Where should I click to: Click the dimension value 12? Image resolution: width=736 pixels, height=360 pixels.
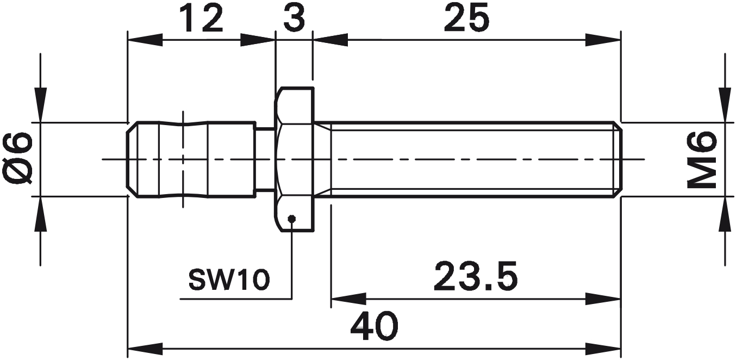(202, 18)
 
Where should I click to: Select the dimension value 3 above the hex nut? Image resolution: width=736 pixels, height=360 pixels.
(295, 18)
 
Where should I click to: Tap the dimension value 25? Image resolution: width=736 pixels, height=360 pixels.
(466, 18)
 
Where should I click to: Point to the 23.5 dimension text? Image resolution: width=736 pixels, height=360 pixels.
(476, 276)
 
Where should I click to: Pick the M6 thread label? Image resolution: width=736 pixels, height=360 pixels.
(702, 159)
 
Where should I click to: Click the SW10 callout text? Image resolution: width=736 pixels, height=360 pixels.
(229, 280)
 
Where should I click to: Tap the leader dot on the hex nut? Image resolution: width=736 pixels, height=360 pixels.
(291, 218)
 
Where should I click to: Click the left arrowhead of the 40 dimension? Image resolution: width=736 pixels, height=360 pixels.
(145, 349)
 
